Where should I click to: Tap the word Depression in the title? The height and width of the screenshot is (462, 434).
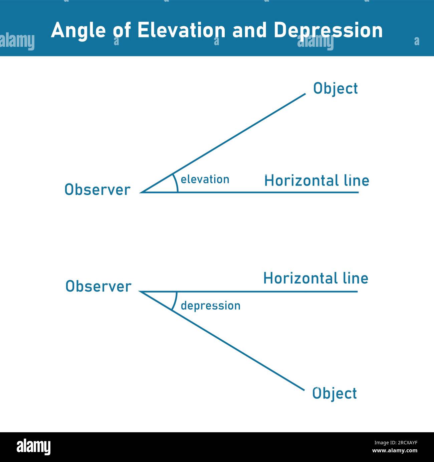[328, 30]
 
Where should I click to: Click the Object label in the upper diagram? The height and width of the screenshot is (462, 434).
[335, 89]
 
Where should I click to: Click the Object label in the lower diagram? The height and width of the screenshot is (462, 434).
[334, 393]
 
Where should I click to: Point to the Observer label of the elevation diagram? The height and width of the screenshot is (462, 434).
[97, 190]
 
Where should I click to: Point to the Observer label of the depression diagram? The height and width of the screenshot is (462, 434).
[98, 286]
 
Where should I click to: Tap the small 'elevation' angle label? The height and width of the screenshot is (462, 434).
[205, 180]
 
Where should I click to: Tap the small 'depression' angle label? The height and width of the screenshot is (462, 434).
[210, 306]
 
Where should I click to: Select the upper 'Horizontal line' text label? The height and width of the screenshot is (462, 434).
[316, 181]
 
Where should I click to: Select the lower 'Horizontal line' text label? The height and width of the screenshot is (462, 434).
[315, 278]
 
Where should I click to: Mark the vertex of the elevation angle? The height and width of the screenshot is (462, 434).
[142, 192]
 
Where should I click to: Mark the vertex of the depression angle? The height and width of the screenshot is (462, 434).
[140, 292]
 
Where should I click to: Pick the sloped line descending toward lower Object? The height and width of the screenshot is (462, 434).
[234, 348]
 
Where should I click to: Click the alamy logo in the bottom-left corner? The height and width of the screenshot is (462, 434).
[33, 447]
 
